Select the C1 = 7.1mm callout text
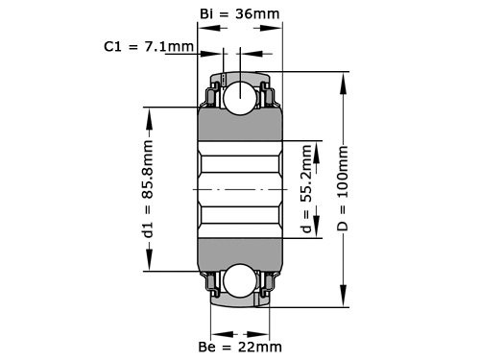tap(148, 45)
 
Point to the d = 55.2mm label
tap(306, 189)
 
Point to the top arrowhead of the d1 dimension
tap(149, 112)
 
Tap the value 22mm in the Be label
tap(261, 346)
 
